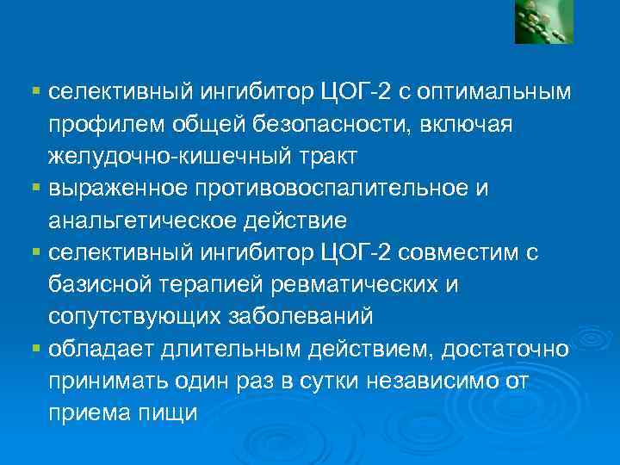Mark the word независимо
(452, 381)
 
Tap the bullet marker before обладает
(35, 348)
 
